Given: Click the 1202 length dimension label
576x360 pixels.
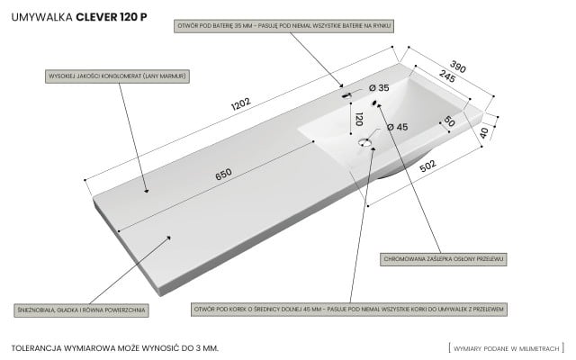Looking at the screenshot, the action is [x=240, y=103].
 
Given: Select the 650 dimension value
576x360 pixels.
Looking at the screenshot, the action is [x=223, y=174].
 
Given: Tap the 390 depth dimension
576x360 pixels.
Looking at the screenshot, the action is [x=458, y=67].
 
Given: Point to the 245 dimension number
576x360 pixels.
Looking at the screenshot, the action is [x=447, y=76].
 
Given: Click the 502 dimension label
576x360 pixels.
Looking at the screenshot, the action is [x=427, y=166].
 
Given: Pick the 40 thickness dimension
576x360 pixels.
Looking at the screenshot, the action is [x=484, y=132].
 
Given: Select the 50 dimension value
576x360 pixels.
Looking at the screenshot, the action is [x=449, y=121].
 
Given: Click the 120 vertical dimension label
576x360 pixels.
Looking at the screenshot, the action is [x=359, y=119].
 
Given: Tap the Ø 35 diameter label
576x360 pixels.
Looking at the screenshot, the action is [x=379, y=88].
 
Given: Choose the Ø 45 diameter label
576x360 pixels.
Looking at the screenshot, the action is [x=398, y=127].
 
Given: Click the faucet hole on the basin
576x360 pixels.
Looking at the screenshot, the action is [x=346, y=96].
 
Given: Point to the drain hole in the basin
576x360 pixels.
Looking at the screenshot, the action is [x=364, y=142].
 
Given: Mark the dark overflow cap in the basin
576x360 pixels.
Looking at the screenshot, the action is [x=374, y=103].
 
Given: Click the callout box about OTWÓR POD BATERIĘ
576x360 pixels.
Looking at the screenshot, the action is [x=284, y=26].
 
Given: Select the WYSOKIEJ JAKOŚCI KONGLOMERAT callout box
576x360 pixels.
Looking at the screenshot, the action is [x=118, y=76].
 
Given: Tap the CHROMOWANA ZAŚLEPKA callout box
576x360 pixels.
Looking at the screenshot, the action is [x=444, y=259].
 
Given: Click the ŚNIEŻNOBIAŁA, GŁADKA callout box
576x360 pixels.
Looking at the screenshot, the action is [x=81, y=310].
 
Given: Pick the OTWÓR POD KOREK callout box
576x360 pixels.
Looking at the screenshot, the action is [x=349, y=310].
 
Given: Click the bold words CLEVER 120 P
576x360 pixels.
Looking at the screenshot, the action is [x=112, y=17].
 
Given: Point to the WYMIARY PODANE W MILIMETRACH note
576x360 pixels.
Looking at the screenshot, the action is [x=506, y=348].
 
